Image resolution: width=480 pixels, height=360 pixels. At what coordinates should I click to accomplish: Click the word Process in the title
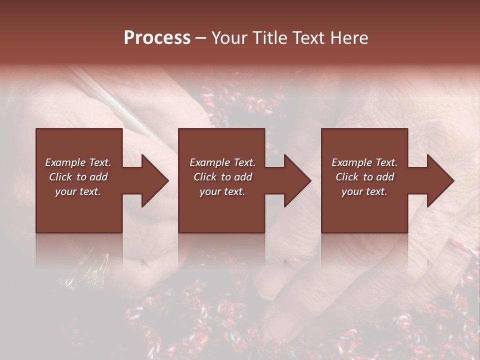coord(157,38)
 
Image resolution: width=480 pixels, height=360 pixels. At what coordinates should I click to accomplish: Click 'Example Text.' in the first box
coord(78,162)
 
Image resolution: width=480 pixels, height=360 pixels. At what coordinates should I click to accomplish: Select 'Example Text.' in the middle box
coord(222,162)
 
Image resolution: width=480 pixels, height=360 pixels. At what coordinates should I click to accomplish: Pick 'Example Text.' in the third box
coord(364,162)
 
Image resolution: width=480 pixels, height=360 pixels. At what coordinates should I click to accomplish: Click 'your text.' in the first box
coord(78,191)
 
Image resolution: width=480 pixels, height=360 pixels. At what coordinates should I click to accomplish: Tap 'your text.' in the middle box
coord(222,191)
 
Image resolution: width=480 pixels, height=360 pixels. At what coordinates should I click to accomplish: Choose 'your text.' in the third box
coord(364,191)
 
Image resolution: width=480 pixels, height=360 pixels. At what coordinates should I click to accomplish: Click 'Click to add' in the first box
coord(78,177)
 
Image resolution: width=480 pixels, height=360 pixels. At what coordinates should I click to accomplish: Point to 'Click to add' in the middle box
coord(222,177)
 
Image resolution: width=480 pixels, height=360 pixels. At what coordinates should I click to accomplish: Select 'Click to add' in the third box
coord(364,177)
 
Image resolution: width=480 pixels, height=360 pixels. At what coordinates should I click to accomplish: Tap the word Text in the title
coord(306,38)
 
